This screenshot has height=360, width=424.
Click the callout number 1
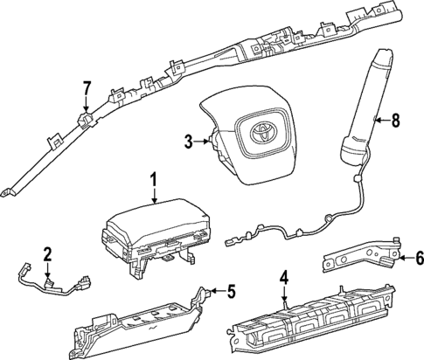pos(153,181)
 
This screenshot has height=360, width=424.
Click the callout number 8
pos(396,121)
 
